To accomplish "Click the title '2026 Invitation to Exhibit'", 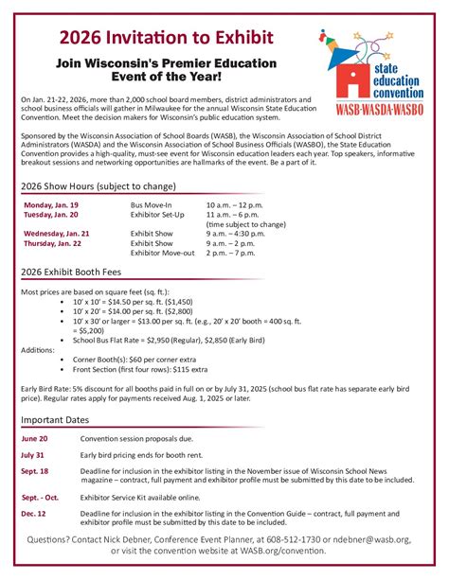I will [167, 37].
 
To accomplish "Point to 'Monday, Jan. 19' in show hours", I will [51, 204].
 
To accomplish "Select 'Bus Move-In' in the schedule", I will [152, 204].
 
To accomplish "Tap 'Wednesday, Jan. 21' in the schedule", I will [57, 233].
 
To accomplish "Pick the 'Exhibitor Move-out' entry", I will [163, 253].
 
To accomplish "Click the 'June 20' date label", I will [34, 439].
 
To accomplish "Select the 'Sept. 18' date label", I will [35, 470].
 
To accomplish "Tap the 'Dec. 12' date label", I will [34, 512].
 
